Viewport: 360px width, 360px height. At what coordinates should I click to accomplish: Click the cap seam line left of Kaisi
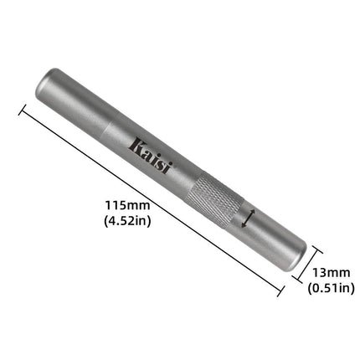click(110, 125)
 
